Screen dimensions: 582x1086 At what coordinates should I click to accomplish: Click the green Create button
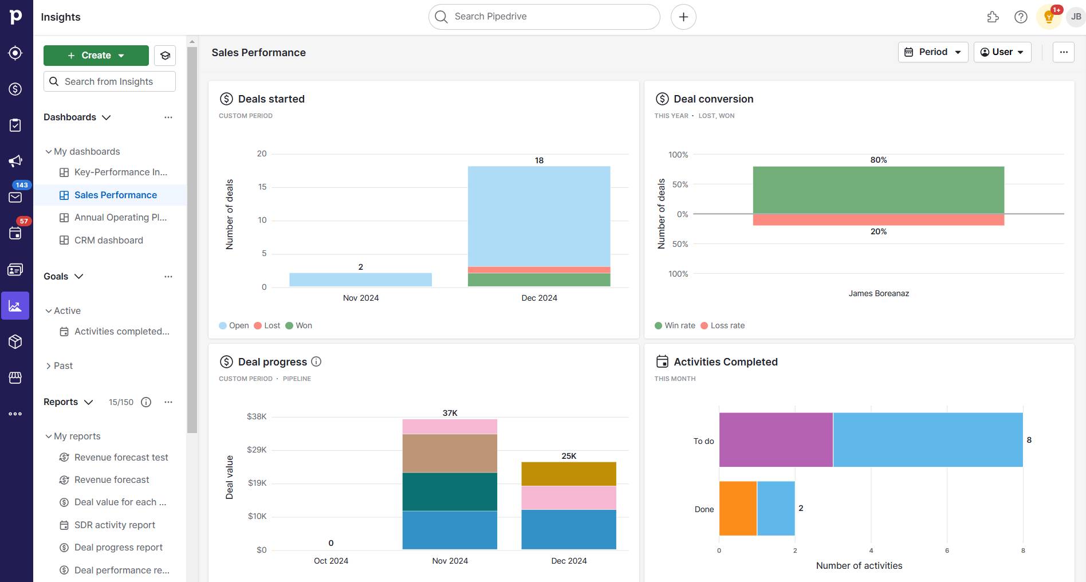96,56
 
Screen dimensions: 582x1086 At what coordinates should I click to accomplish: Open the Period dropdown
932,52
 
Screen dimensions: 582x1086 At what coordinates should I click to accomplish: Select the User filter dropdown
1002,52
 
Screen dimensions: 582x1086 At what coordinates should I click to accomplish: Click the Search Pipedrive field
544,17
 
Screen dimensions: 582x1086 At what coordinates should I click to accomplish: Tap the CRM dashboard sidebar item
108,240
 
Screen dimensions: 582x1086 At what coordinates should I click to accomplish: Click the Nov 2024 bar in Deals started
360,280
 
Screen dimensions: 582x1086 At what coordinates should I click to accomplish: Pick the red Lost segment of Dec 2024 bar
538,270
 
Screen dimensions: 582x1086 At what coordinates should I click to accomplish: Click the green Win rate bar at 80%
878,190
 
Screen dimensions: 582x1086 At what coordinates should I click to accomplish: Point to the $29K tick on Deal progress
257,450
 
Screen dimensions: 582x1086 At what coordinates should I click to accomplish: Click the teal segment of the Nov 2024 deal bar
450,491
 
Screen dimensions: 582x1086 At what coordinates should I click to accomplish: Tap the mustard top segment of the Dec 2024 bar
568,474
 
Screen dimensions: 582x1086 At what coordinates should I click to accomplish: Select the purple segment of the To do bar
776,439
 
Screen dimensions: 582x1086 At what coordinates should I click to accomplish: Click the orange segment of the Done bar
738,508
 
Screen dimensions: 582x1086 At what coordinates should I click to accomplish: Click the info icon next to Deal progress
316,361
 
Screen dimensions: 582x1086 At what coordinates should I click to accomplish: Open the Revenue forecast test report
121,457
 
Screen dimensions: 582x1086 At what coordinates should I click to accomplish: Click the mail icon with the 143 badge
15,197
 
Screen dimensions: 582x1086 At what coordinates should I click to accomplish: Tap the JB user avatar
1076,17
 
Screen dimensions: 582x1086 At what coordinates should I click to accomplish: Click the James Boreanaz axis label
878,293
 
